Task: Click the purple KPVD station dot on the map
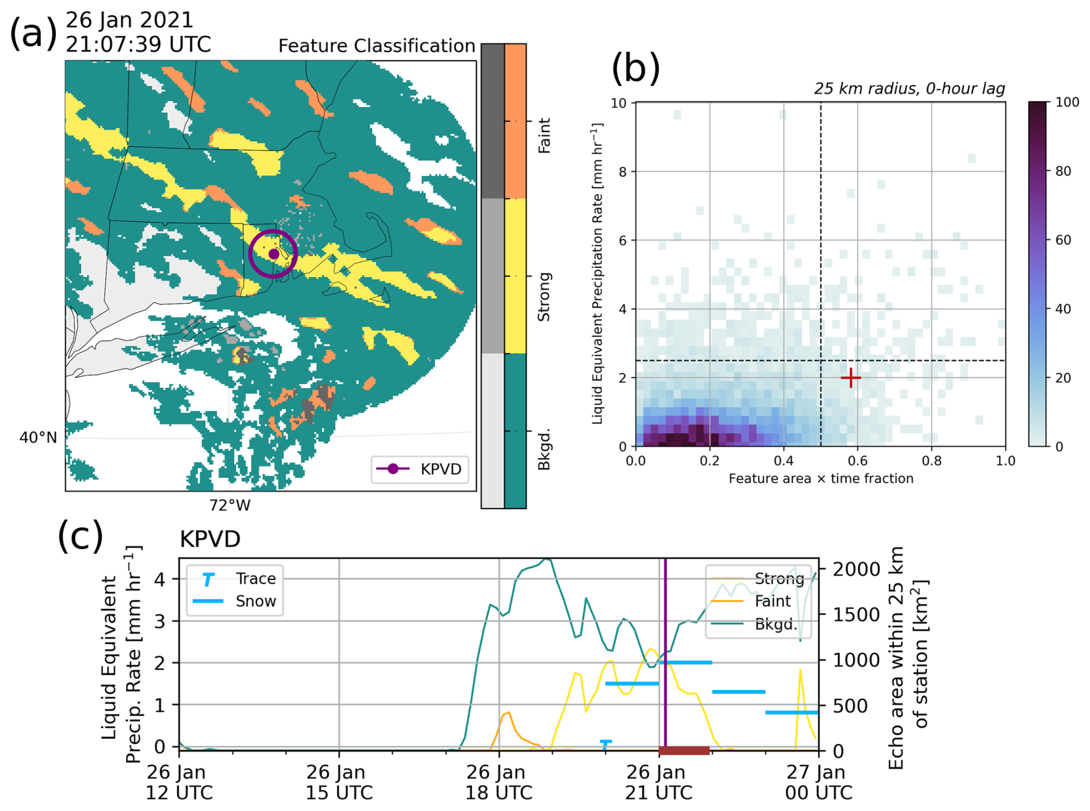274,254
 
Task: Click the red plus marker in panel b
850,378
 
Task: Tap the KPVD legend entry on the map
419,469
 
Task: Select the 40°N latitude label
39,438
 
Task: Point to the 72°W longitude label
230,505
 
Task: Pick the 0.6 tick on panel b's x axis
857,461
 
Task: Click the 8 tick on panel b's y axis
622,171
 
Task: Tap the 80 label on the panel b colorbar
1063,171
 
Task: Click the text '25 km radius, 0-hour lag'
909,89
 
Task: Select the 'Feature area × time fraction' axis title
821,479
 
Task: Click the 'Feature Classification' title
377,46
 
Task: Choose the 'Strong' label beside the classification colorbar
544,297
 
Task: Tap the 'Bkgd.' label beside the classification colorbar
544,449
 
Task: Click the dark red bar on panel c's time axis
684,751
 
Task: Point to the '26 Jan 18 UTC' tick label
499,782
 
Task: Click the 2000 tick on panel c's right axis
857,569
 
